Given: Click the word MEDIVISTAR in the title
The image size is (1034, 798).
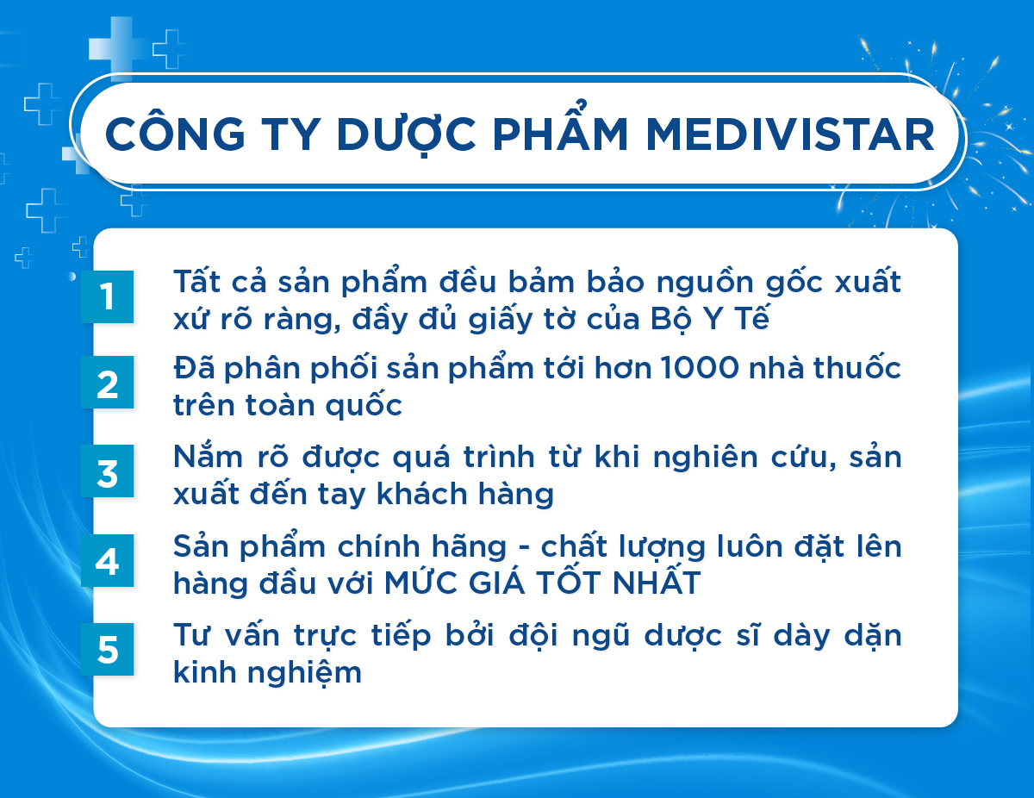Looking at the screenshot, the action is pyautogui.click(x=790, y=134).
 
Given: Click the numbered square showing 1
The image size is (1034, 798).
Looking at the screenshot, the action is pyautogui.click(x=107, y=297).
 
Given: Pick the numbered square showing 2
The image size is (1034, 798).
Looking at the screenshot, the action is pyautogui.click(x=107, y=382).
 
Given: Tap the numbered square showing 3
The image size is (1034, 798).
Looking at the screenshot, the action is pyautogui.click(x=107, y=471).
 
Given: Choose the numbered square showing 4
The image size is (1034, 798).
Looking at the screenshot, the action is pyautogui.click(x=107, y=560).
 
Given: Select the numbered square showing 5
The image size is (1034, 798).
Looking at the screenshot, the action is pyautogui.click(x=107, y=649).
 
